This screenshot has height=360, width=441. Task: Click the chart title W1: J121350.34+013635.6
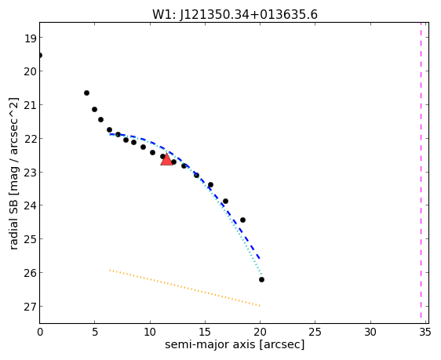point(235,14)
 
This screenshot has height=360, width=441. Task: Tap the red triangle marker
point(166,160)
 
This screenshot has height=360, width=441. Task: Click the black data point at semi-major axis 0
point(40,55)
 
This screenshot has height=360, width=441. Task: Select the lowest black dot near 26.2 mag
point(261,279)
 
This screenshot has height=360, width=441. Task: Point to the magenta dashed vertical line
point(421,170)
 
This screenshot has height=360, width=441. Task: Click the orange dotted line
point(184,288)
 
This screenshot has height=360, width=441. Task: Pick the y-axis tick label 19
point(30,38)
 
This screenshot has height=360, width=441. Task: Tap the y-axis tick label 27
point(30,307)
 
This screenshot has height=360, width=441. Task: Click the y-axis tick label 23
point(30,173)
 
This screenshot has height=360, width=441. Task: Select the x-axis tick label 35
point(425,333)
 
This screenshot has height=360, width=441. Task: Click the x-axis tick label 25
point(315,333)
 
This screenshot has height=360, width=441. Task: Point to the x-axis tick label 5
point(95,333)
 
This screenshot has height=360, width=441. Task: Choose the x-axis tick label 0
point(40,333)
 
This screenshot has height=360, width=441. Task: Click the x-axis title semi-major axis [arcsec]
point(235,344)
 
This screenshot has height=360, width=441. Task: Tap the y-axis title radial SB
point(13,222)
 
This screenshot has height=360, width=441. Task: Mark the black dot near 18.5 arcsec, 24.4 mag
point(242,220)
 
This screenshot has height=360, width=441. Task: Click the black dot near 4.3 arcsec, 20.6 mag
point(86,93)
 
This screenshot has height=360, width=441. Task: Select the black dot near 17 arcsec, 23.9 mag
point(225,201)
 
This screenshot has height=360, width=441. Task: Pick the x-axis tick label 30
point(370,333)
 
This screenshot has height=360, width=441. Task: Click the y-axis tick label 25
point(30,239)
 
